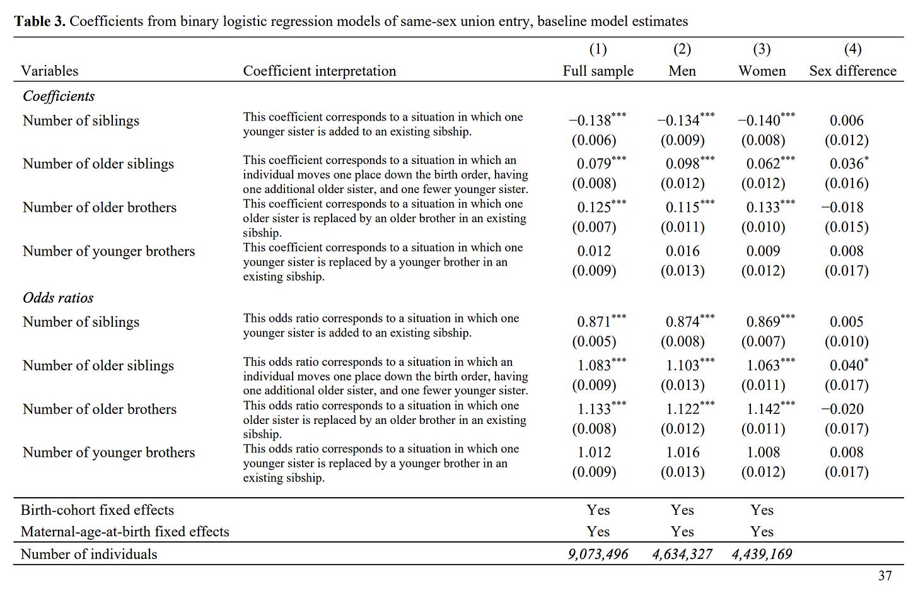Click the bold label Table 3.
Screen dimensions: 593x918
coord(40,21)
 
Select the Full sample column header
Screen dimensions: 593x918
coord(598,71)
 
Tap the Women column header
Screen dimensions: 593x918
coord(762,71)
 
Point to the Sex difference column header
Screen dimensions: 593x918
coord(852,71)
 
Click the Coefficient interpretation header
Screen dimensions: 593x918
coord(320,71)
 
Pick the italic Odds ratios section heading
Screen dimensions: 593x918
coord(58,298)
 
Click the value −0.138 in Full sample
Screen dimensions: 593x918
coord(591,120)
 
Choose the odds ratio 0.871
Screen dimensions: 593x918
coord(594,322)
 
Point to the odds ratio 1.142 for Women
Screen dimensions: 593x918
coord(764,409)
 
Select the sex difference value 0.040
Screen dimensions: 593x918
coord(846,365)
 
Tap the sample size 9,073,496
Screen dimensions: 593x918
coord(598,555)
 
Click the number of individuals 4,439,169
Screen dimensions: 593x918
coord(762,555)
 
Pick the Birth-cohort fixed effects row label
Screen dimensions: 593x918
coord(97,510)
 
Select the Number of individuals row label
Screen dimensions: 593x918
coord(89,555)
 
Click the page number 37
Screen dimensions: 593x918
coord(885,576)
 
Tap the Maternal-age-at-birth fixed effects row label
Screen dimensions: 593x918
coord(125,532)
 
